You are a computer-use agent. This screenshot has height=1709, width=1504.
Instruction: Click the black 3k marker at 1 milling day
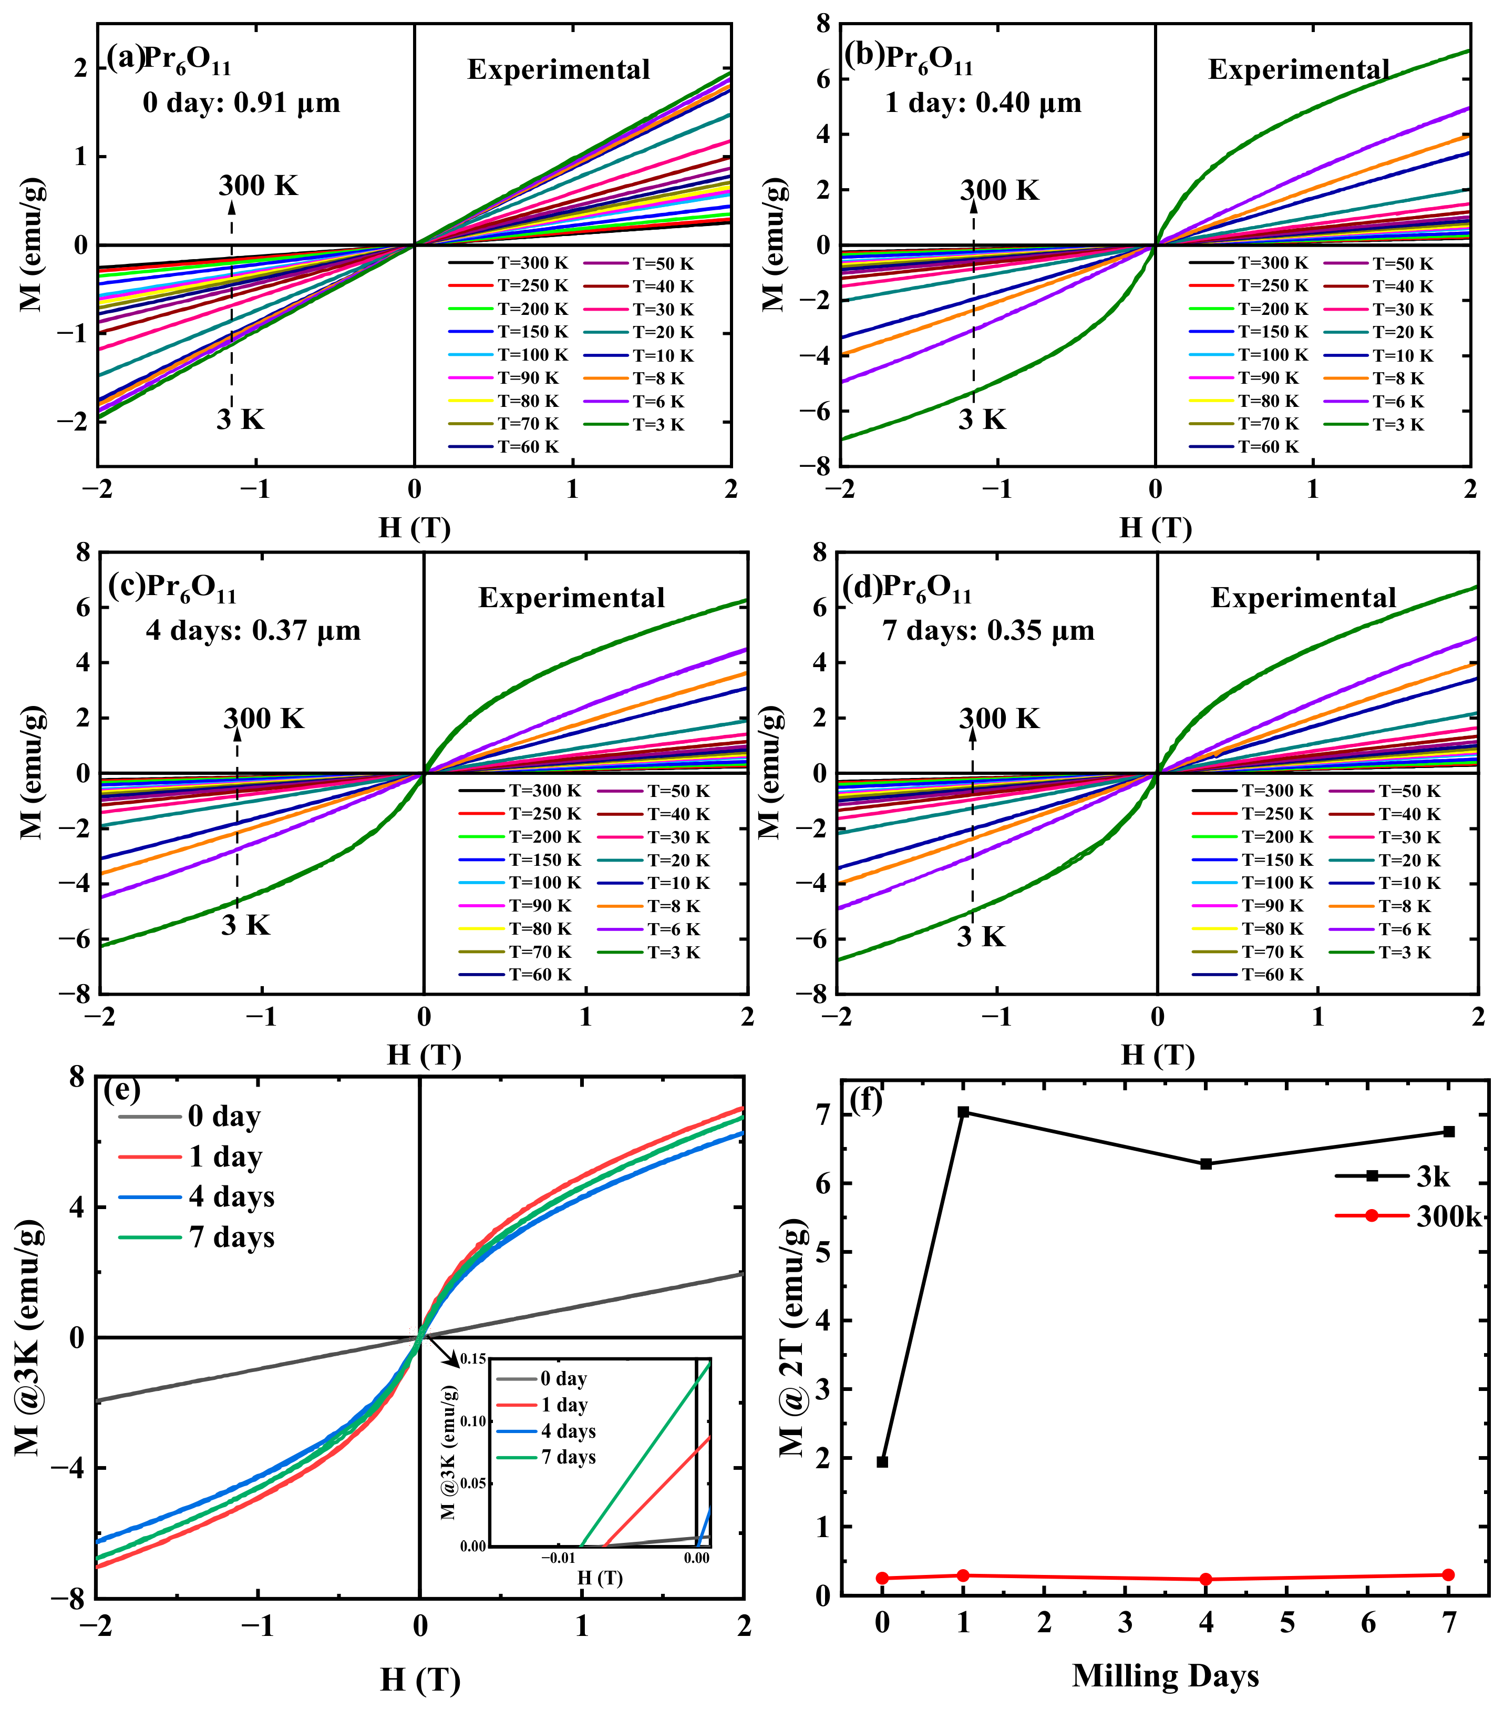click(x=963, y=1112)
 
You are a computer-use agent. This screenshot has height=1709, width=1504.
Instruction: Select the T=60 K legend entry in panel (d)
click(x=1245, y=975)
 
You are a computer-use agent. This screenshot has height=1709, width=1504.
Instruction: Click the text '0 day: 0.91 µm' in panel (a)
click(x=242, y=103)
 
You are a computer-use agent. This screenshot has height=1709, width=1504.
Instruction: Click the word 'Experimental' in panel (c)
click(x=572, y=598)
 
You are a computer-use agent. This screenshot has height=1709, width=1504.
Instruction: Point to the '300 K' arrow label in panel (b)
click(x=1000, y=191)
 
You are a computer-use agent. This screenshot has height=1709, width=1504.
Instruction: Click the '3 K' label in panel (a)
click(x=241, y=419)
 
